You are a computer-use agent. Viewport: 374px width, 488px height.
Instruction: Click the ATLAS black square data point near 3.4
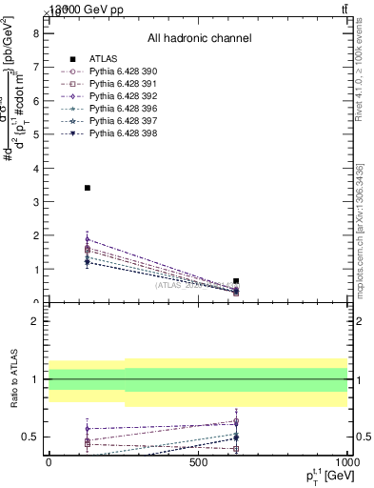[88, 188]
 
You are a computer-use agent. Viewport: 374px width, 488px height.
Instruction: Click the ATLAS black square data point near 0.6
[236, 281]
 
